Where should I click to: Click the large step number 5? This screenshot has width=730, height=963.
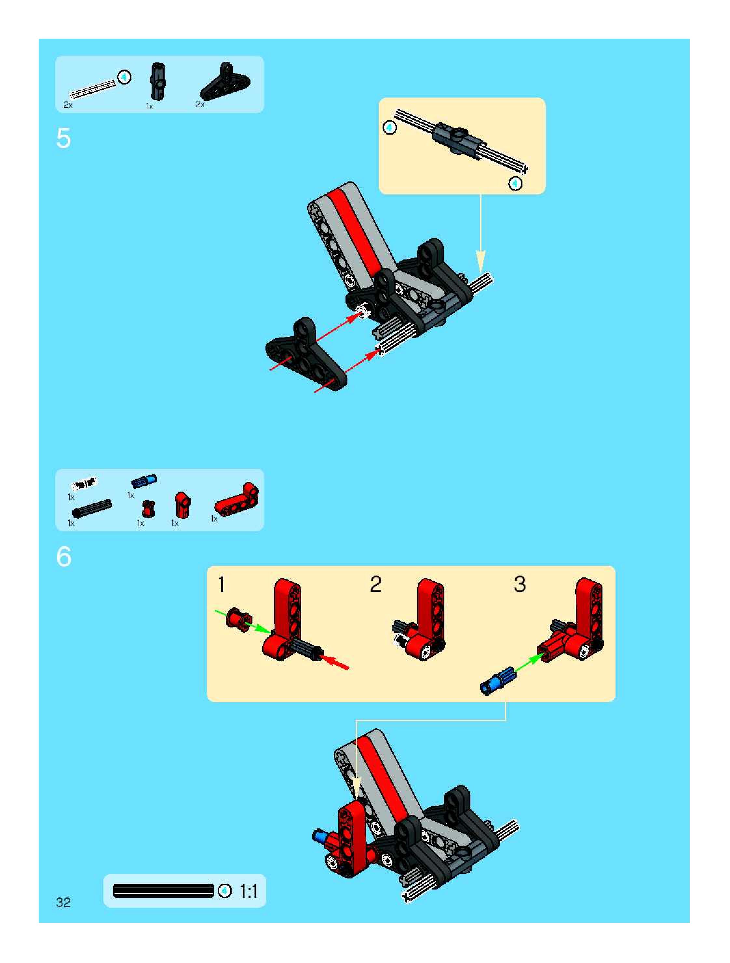[x=63, y=139]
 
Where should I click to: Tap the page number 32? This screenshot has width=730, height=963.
[x=63, y=902]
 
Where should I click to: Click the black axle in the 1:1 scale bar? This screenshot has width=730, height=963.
[x=164, y=891]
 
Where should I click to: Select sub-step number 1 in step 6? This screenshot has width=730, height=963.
[x=222, y=584]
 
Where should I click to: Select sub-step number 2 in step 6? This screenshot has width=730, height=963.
[x=375, y=584]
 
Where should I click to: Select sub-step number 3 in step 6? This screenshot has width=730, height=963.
[x=520, y=584]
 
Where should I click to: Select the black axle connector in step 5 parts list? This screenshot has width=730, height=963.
[x=158, y=81]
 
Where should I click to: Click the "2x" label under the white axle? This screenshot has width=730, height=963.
[x=68, y=105]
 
